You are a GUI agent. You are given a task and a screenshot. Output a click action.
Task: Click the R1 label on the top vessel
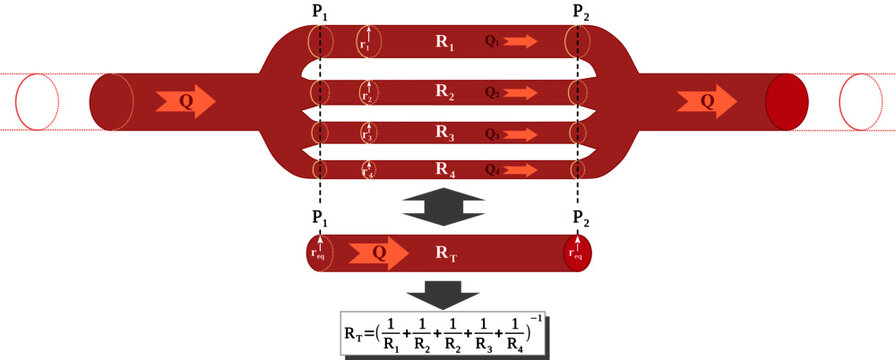click(x=444, y=44)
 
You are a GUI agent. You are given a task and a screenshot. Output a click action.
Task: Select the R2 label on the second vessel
click(x=444, y=93)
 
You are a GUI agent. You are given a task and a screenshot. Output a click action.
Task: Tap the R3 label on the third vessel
click(x=444, y=131)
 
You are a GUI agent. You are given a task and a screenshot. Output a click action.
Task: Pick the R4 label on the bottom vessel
click(x=444, y=169)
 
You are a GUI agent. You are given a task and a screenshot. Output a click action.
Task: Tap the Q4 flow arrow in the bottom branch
click(x=514, y=169)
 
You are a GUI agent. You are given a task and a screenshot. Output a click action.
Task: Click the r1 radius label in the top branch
click(x=365, y=44)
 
